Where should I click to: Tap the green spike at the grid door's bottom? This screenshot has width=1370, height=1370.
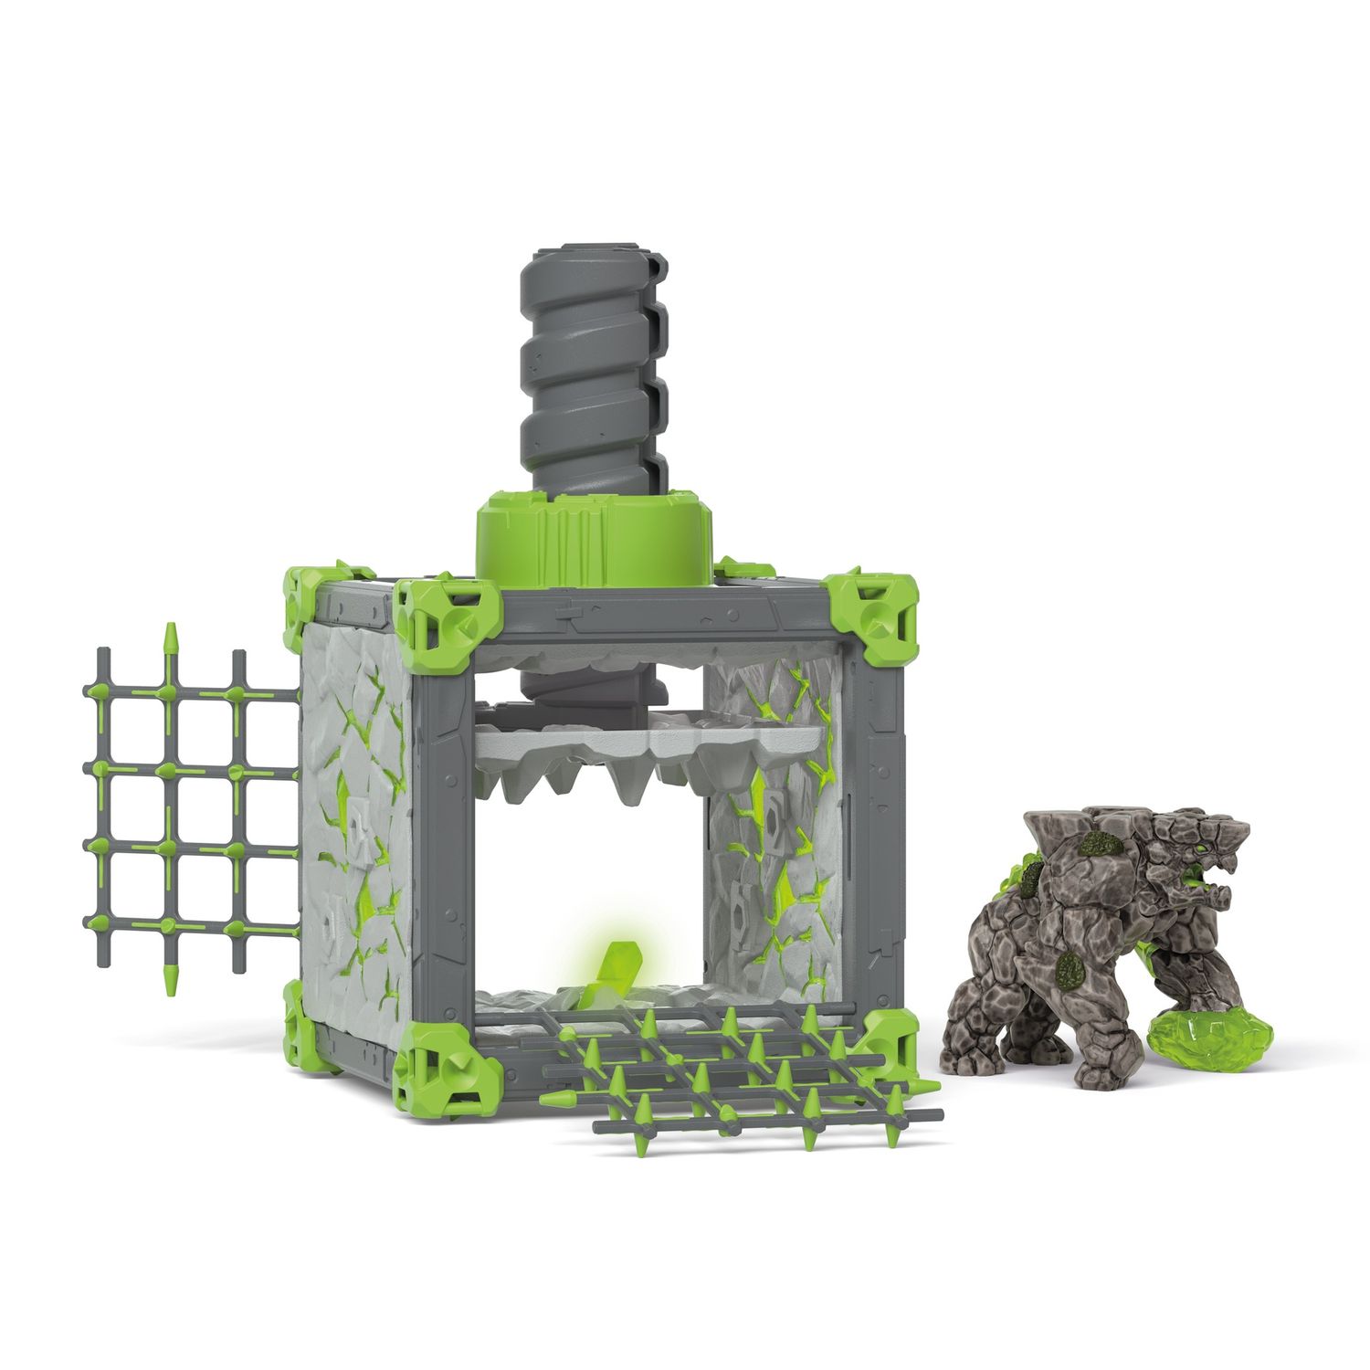coord(170,977)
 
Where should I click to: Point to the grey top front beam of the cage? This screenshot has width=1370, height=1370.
coord(667,616)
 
